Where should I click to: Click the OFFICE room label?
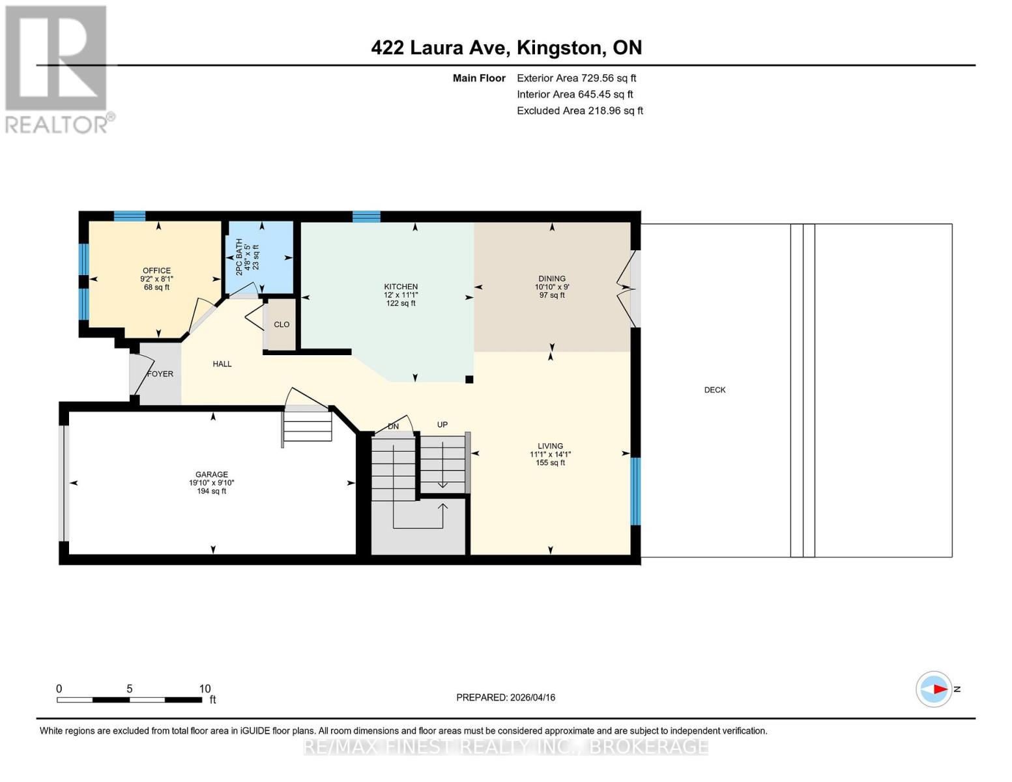(156, 271)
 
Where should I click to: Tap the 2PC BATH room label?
(239, 257)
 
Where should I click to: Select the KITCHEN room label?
(400, 287)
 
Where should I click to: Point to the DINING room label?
(551, 279)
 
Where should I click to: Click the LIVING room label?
(550, 446)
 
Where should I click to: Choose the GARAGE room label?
(212, 475)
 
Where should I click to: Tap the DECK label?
(714, 390)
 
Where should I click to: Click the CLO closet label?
(282, 325)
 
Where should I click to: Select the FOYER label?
(160, 374)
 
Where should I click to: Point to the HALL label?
(222, 364)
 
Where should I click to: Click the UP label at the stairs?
(442, 425)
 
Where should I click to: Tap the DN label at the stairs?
(393, 427)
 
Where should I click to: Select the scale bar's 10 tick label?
(205, 689)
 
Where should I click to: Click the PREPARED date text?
(506, 697)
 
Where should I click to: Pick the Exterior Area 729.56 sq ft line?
(576, 78)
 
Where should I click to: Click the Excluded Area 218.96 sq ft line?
(579, 111)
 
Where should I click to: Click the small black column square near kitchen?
(469, 379)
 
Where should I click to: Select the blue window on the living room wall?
(635, 491)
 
